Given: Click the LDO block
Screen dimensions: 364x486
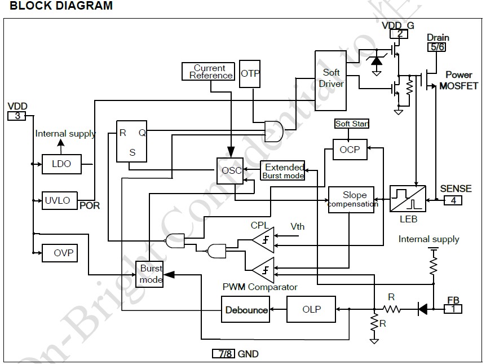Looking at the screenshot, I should (x=61, y=164).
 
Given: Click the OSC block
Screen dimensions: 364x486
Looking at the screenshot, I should (x=230, y=170).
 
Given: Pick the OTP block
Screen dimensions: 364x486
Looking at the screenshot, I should (x=250, y=73).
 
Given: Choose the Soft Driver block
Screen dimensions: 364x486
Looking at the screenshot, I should (x=331, y=78).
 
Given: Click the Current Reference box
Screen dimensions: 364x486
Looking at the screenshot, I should (x=209, y=72).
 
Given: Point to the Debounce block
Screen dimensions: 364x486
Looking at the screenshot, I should (x=246, y=309).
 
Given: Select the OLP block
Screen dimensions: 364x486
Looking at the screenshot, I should (x=311, y=309).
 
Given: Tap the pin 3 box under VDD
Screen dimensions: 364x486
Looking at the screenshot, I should (x=17, y=116).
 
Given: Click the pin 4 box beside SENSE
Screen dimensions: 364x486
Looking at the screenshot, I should (x=453, y=200).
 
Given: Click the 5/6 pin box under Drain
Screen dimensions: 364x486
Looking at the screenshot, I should (x=437, y=48).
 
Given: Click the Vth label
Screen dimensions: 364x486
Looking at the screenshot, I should (x=298, y=226).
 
